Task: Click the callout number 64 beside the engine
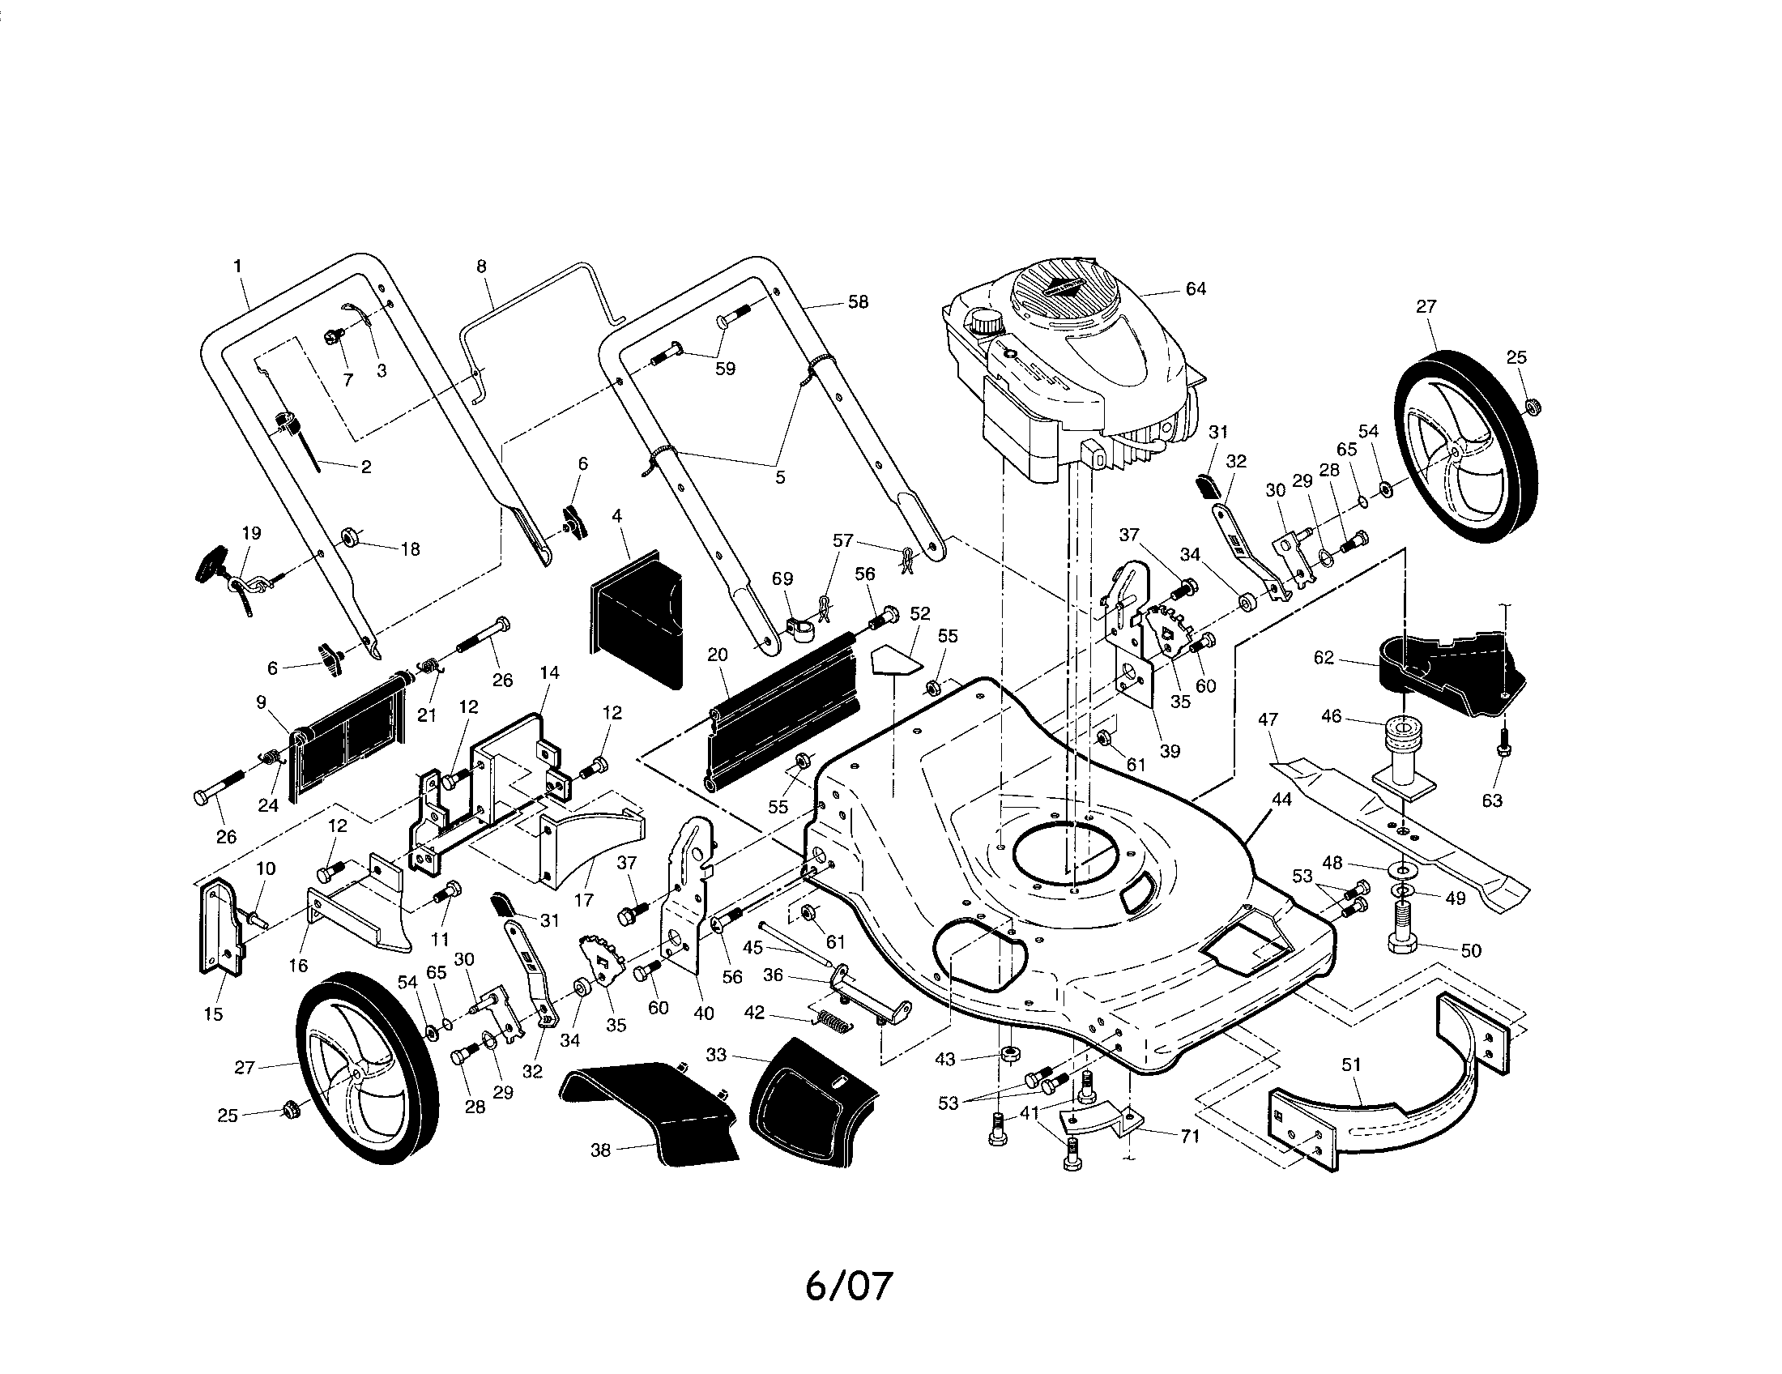click(1196, 289)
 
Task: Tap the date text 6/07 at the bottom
click(849, 1286)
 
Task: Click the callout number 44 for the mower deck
click(1282, 800)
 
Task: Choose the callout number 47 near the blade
click(1268, 719)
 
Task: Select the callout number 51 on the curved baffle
click(1351, 1064)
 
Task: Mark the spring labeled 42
click(832, 1020)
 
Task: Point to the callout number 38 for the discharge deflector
click(599, 1150)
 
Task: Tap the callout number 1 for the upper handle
click(237, 266)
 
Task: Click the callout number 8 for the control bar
click(481, 266)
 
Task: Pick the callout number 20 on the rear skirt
click(717, 655)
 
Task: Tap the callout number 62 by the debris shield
click(1324, 658)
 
